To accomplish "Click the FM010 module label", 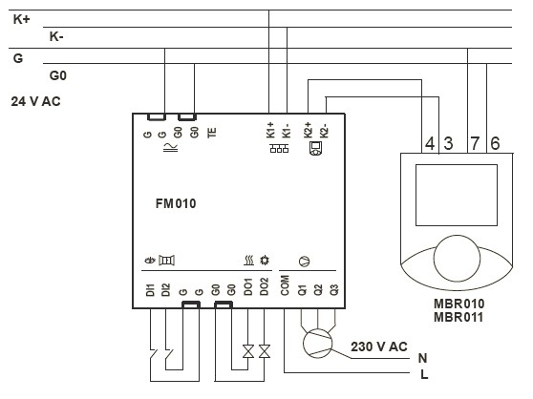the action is [x=176, y=203].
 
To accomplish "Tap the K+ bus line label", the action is [x=22, y=19].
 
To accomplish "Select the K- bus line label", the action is [x=56, y=36].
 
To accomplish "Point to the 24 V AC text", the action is [x=35, y=101].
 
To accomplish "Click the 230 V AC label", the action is [x=379, y=346].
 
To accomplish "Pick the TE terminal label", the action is [x=212, y=133].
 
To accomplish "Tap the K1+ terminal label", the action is [x=270, y=130].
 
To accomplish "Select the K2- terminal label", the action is [x=324, y=131].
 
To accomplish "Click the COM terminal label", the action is [x=285, y=285].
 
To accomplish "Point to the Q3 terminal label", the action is [x=334, y=289].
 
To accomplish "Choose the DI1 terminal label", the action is [x=150, y=290].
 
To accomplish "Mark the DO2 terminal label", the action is [x=265, y=287].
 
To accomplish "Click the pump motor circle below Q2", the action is [x=317, y=344].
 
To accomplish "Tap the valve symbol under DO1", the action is [x=248, y=351].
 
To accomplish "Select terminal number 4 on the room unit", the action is [x=430, y=143].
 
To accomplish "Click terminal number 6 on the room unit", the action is [x=495, y=143].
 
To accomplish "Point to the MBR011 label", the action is [x=458, y=317].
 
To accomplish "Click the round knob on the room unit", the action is [x=457, y=259].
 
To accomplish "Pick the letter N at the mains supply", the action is [x=422, y=358].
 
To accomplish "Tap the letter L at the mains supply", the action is [x=424, y=374].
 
